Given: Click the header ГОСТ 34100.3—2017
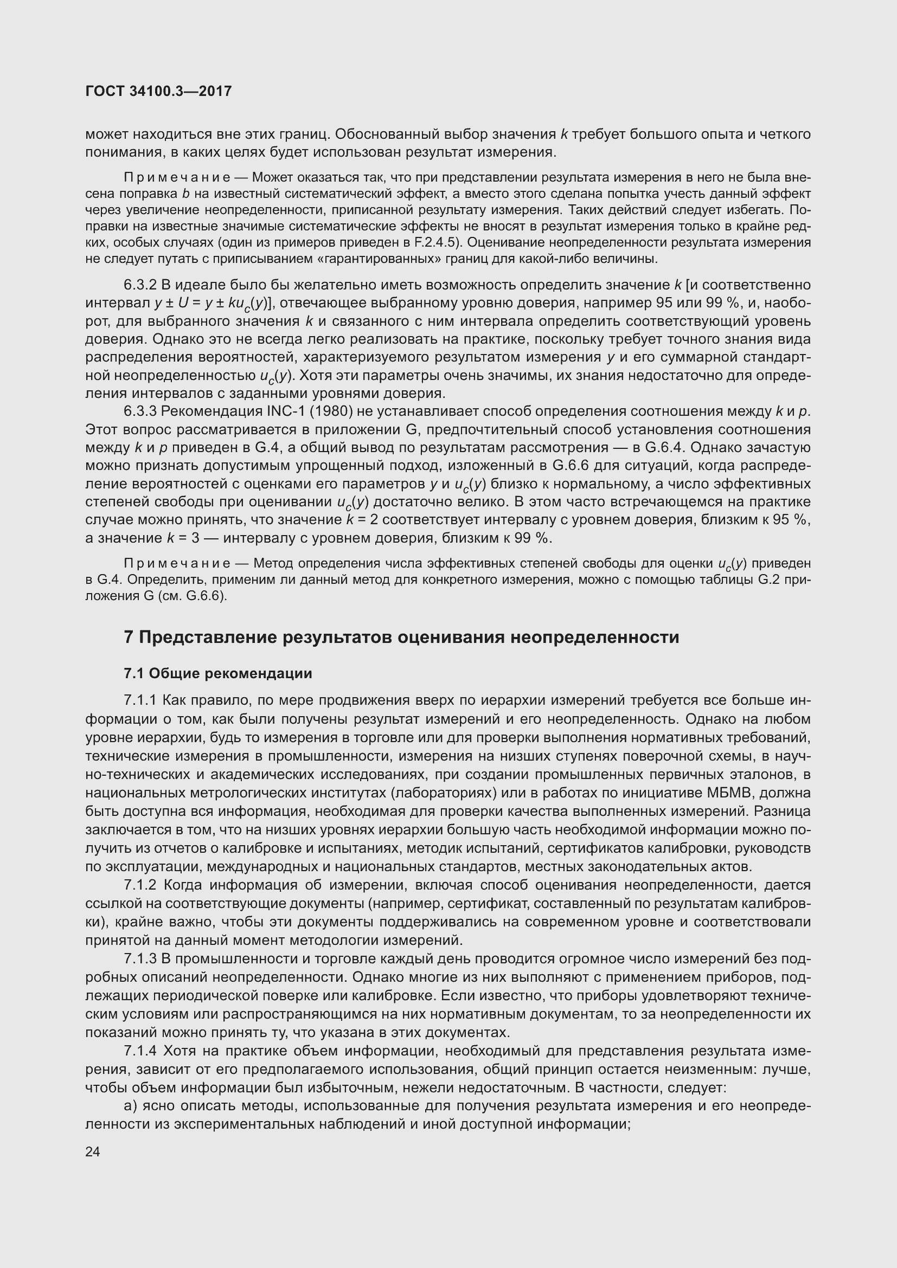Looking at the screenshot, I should tap(158, 91).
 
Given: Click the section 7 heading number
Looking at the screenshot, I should tap(129, 638).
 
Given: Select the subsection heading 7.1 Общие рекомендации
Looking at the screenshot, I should tap(217, 673).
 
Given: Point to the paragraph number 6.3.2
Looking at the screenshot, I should tap(140, 285).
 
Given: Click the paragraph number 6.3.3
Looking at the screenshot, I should tap(140, 411).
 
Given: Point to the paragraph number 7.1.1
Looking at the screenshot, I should tap(140, 700).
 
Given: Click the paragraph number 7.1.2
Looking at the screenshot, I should tap(140, 885).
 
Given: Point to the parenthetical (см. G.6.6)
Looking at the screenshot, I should tap(193, 596).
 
